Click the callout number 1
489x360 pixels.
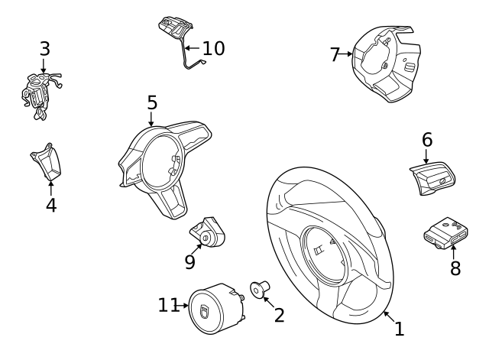coord(400,329)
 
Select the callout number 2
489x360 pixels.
coord(279,315)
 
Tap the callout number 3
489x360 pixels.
coord(45,49)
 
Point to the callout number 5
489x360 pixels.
coord(152,102)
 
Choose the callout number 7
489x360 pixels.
coord(335,54)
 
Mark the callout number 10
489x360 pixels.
coord(213,48)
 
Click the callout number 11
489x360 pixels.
coord(169,305)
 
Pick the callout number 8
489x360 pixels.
coord(455,268)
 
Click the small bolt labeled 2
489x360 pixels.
coord(260,289)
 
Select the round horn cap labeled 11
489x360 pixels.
coord(215,309)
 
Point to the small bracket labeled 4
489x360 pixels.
coord(46,162)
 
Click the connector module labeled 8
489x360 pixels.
coord(445,233)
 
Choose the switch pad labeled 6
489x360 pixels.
coord(432,178)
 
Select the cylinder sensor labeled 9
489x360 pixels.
coord(208,232)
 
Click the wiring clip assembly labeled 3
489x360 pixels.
coord(40,96)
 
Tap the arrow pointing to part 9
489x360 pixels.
coord(196,249)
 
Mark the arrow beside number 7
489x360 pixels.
coord(345,54)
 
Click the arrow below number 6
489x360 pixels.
coord(426,156)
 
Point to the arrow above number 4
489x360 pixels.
coord(51,188)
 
